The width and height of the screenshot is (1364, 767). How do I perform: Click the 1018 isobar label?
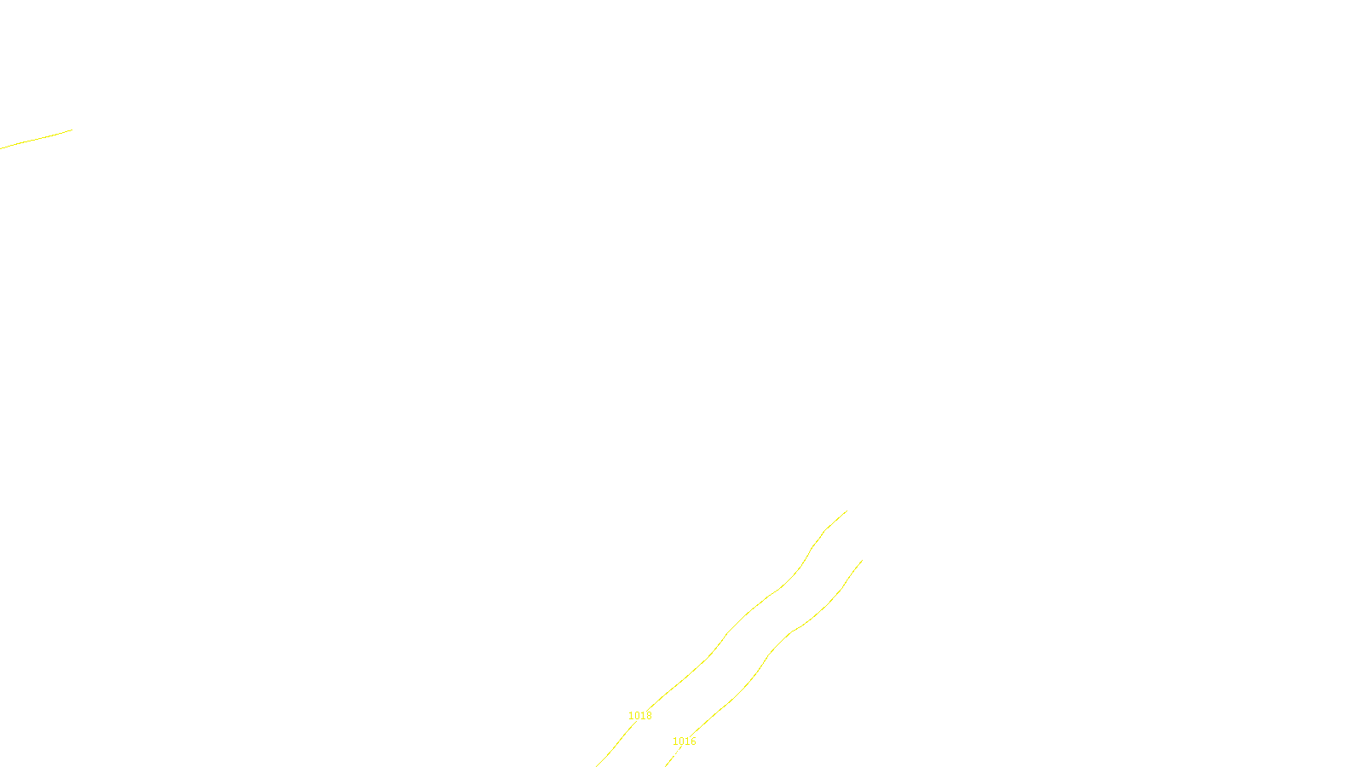[x=639, y=716]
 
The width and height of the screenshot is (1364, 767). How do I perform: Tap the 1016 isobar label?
[x=684, y=741]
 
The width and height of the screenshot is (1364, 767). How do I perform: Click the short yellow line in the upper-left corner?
[x=36, y=139]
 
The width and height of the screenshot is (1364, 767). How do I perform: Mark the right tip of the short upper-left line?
[x=72, y=130]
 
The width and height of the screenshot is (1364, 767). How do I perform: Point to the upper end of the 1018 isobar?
[x=847, y=511]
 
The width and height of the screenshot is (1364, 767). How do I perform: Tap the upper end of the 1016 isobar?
[x=862, y=560]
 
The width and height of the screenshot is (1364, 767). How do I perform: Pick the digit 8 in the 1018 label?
[x=649, y=716]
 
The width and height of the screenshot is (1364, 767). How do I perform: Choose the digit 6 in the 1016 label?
[x=693, y=741]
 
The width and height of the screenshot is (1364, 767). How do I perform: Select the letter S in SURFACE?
[x=664, y=753]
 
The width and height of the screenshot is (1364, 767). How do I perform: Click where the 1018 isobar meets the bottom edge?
[x=597, y=765]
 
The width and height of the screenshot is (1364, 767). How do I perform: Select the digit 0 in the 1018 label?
[x=636, y=716]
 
